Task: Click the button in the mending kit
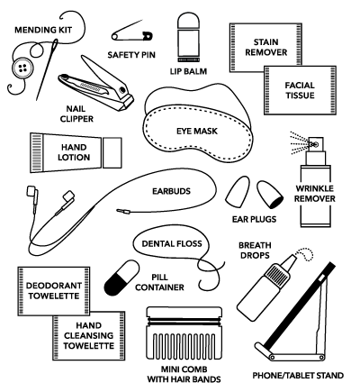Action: click(x=22, y=68)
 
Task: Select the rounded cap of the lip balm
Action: click(x=188, y=21)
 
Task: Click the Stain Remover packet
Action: click(x=265, y=48)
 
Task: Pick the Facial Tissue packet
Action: click(x=300, y=90)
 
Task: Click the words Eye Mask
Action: click(x=197, y=131)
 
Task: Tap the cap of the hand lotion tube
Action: click(x=112, y=152)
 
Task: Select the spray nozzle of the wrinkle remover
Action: click(x=316, y=144)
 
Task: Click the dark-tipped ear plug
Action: click(x=269, y=195)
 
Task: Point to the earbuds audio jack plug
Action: click(x=123, y=212)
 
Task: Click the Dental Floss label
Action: click(x=172, y=243)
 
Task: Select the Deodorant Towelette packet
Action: click(x=54, y=291)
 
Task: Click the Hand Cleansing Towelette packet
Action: click(x=89, y=335)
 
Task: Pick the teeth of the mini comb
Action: click(x=184, y=345)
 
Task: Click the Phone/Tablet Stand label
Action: click(x=298, y=376)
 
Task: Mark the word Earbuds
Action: click(x=171, y=191)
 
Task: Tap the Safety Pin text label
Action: click(x=131, y=55)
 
